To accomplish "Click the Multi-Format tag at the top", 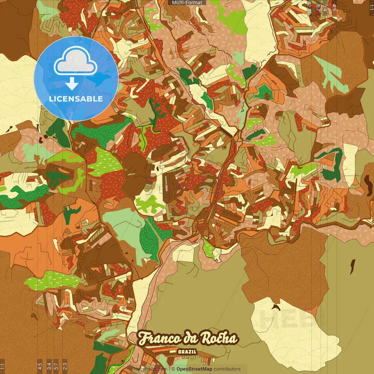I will tap(187, 3).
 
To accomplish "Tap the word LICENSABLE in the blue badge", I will tap(76, 99).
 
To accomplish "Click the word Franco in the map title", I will tap(159, 338).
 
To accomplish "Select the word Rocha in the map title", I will tap(219, 338).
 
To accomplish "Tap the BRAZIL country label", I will tap(187, 352).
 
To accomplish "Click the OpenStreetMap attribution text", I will tap(194, 369).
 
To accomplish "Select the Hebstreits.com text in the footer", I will tap(150, 369).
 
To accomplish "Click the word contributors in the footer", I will tap(227, 369).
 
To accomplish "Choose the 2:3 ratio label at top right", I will tap(309, 8).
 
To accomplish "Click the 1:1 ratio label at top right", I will tap(371, 8).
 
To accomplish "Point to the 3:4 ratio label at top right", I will tap(325, 8).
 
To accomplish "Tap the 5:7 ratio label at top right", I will tap(318, 8).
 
